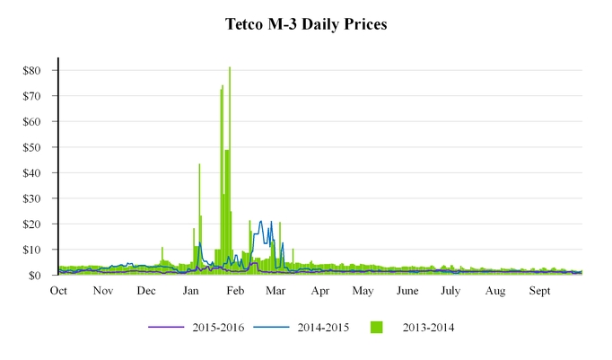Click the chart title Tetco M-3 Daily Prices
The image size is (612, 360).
click(x=306, y=25)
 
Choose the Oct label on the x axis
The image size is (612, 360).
click(x=58, y=291)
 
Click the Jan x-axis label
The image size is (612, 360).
click(x=191, y=291)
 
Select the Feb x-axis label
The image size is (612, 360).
click(x=235, y=291)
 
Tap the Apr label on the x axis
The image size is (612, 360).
click(x=320, y=291)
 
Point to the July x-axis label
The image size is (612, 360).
click(x=450, y=291)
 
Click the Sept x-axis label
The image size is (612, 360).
click(x=539, y=291)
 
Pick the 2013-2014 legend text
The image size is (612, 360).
click(x=426, y=328)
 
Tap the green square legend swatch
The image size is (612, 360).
click(x=376, y=328)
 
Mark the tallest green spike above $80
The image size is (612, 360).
click(x=230, y=68)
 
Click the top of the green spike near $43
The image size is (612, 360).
click(x=199, y=165)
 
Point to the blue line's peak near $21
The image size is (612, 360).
click(x=261, y=222)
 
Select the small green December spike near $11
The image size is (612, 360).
click(x=162, y=248)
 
